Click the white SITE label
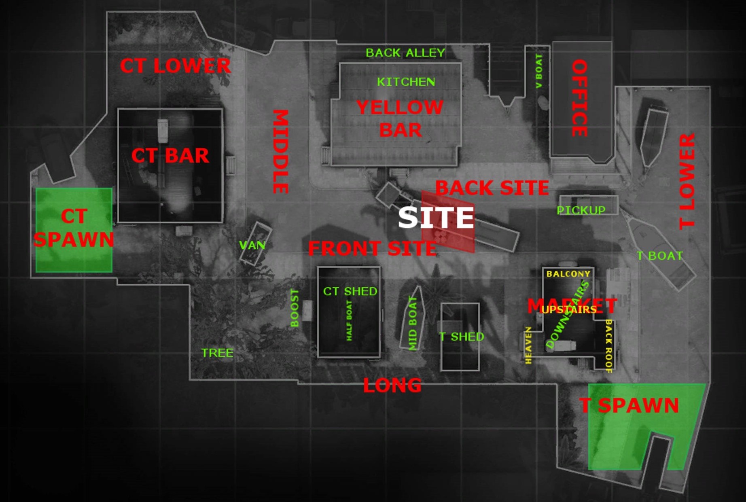point(436,218)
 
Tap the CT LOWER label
point(175,66)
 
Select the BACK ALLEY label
point(405,53)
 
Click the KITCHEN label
point(406,82)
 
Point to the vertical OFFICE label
point(579,98)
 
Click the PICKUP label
point(581,210)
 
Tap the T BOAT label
point(659,256)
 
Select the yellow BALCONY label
point(568,274)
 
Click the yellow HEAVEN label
point(528,345)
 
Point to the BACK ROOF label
point(608,346)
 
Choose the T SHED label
point(461,337)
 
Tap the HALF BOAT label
point(349,320)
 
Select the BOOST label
point(295,308)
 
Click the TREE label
point(217,353)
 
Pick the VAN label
point(252,245)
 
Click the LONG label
point(392,386)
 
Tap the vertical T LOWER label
point(687,181)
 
